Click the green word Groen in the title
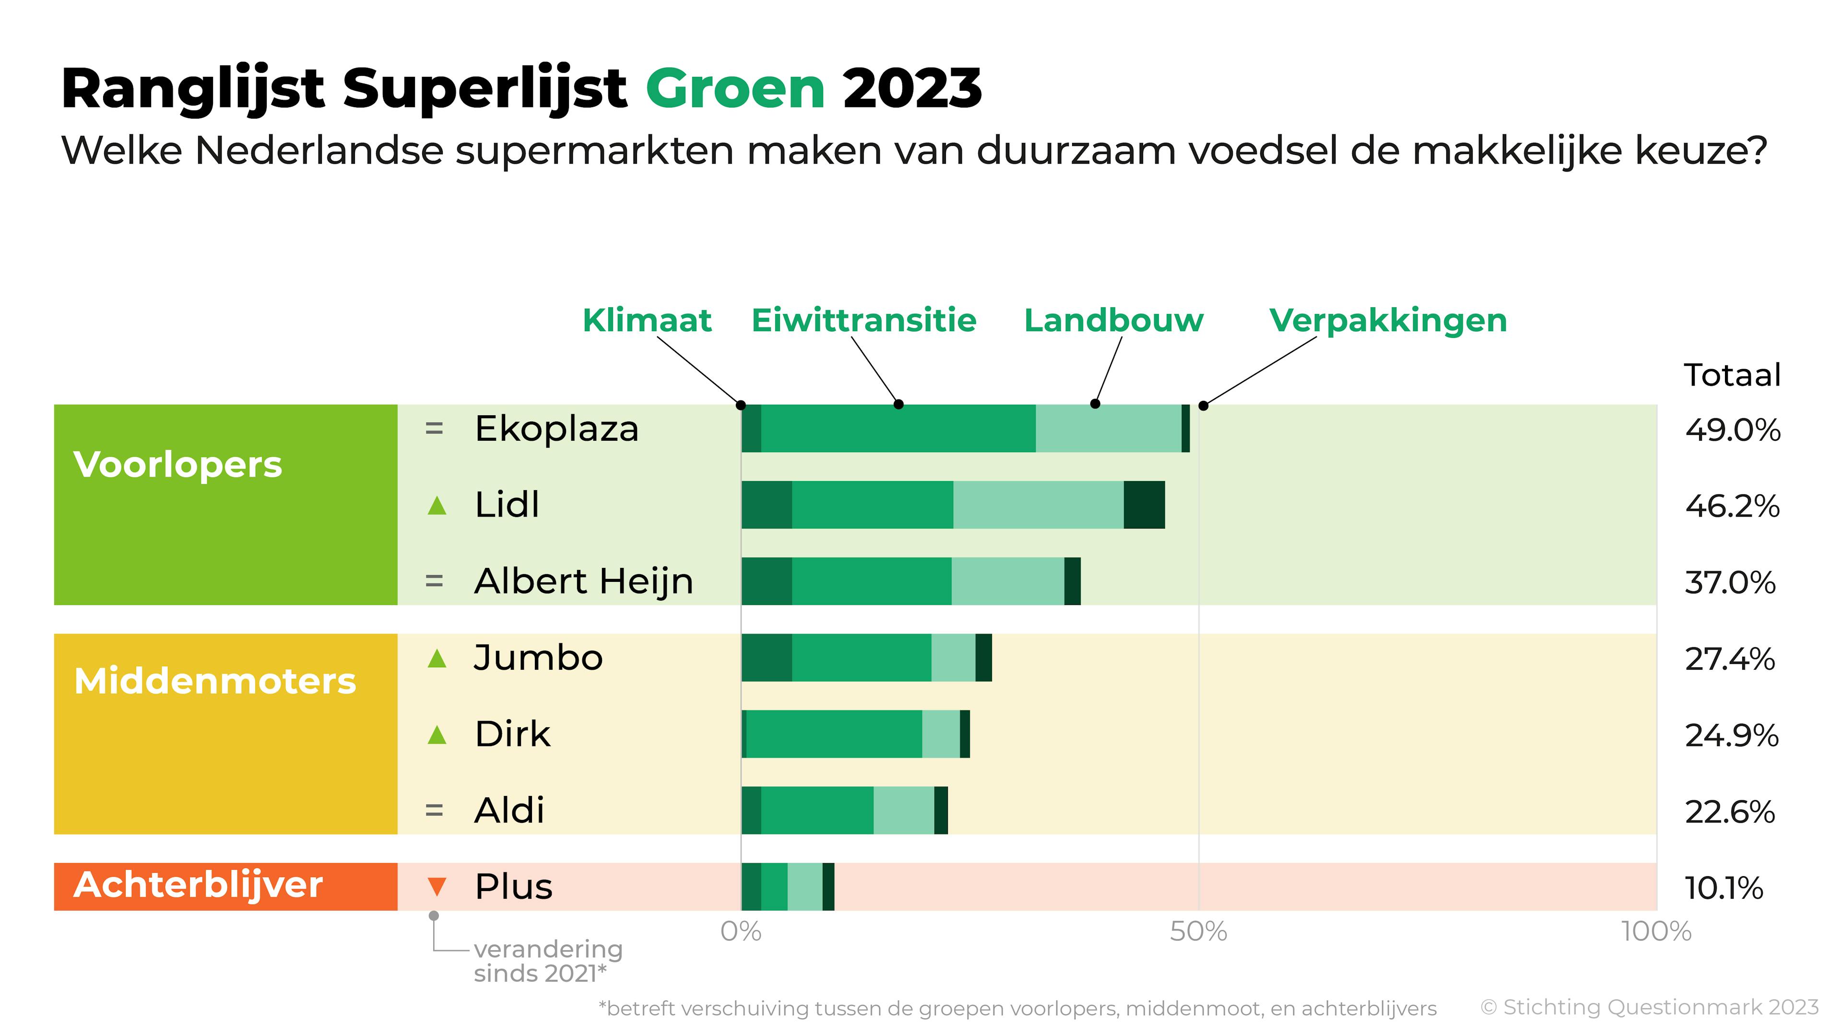click(735, 89)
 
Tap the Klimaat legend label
click(647, 321)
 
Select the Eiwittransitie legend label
click(863, 321)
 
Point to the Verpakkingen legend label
click(1388, 321)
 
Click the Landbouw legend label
click(1113, 321)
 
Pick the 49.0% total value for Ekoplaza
click(1732, 431)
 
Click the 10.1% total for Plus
click(1724, 889)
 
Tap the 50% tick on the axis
click(1198, 931)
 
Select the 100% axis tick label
click(1656, 931)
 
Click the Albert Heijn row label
click(583, 581)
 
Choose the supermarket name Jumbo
click(538, 658)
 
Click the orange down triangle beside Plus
click(437, 887)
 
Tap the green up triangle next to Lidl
click(437, 506)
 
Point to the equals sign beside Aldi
click(434, 811)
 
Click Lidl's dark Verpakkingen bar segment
click(1144, 505)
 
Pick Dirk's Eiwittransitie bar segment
click(834, 734)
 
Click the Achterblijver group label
click(198, 886)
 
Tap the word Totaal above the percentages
click(1732, 375)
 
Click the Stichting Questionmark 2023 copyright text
click(1649, 1007)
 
